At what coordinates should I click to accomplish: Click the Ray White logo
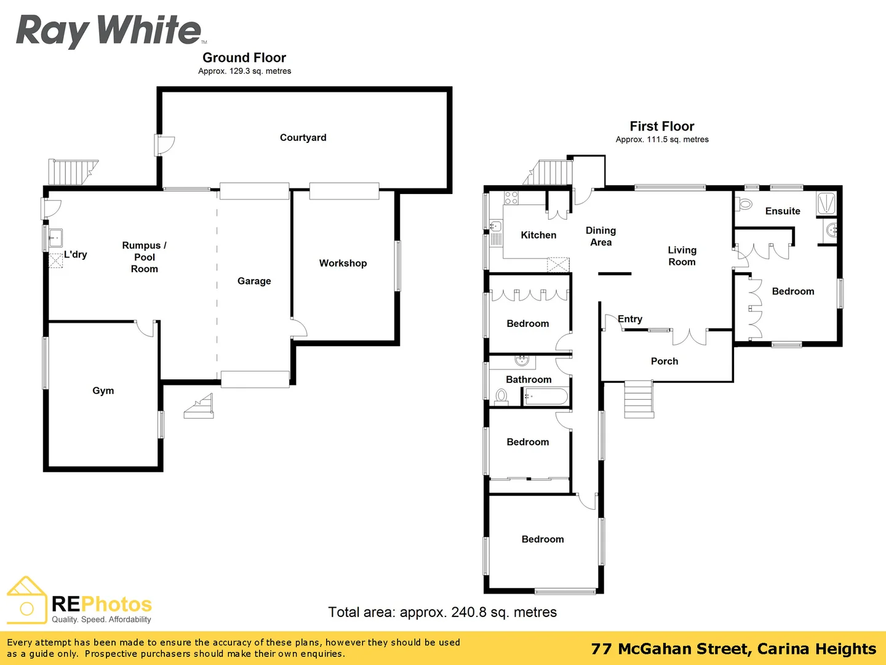(109, 30)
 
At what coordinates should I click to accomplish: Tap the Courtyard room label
(303, 137)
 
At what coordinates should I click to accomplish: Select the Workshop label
(343, 263)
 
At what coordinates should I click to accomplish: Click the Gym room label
(103, 390)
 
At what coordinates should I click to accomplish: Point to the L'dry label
(76, 254)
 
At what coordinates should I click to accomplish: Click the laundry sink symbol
(55, 237)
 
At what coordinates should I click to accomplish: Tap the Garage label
(254, 281)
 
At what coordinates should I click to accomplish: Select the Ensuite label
(783, 211)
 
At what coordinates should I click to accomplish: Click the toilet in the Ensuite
(745, 204)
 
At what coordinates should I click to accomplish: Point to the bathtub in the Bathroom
(546, 397)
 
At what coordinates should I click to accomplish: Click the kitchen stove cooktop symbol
(511, 198)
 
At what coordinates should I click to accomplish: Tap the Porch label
(664, 361)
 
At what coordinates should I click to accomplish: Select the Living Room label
(682, 256)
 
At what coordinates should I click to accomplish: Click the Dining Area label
(601, 236)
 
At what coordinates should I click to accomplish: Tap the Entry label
(630, 319)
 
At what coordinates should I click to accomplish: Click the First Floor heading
(661, 126)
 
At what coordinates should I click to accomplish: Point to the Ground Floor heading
(244, 58)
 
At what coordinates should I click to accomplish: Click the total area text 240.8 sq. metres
(442, 612)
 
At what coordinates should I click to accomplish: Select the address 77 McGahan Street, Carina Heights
(733, 649)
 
